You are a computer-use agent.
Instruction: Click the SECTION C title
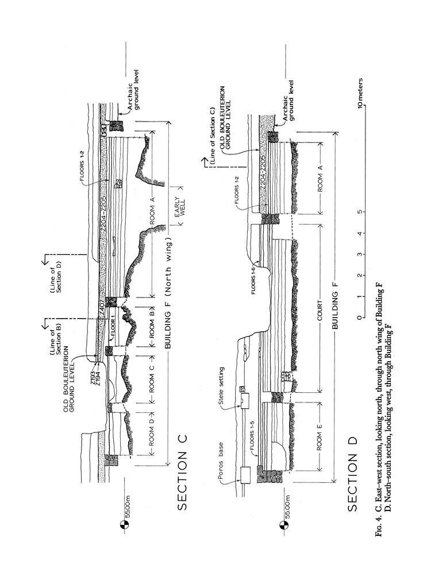click(x=182, y=480)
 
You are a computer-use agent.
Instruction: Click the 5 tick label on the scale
click(x=360, y=212)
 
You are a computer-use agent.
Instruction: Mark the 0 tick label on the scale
click(x=360, y=318)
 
